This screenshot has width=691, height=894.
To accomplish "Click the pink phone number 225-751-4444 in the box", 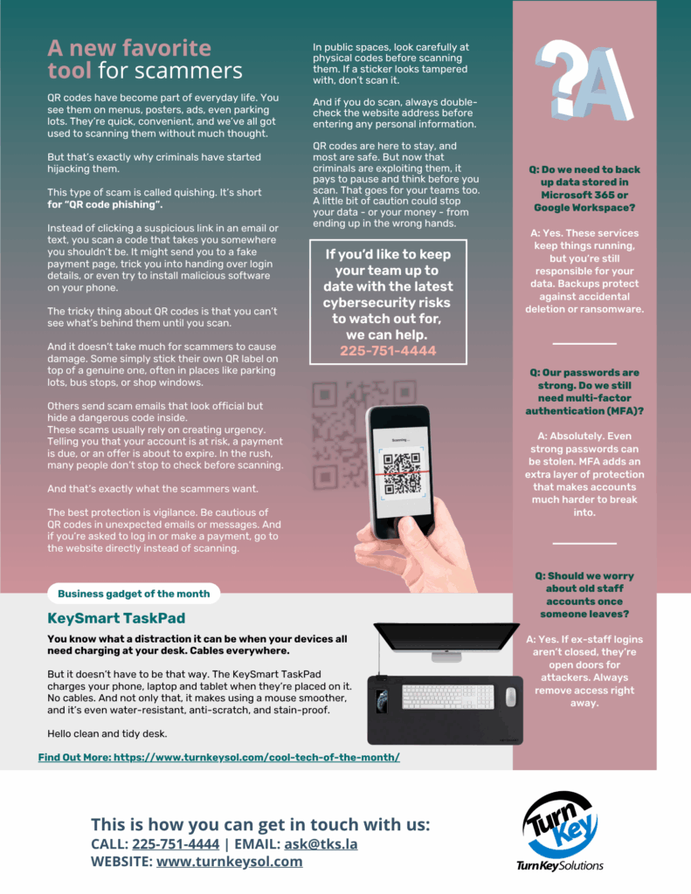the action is [388, 351].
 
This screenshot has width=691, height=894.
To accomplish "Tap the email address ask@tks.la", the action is [321, 844].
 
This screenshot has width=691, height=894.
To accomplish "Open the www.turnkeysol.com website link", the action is [230, 861].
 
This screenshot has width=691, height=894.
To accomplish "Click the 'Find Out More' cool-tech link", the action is [219, 757].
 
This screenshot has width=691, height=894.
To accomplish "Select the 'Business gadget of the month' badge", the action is [134, 594].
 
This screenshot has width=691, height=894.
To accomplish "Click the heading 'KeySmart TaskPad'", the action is [116, 618].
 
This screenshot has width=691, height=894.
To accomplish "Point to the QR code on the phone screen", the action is [402, 473].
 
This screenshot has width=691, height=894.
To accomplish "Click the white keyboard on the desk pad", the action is [448, 697].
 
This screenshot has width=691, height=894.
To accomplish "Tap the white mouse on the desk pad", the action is [511, 696].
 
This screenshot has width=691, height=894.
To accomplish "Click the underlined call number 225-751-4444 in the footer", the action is [176, 844].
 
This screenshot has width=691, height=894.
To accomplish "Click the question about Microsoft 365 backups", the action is [584, 189].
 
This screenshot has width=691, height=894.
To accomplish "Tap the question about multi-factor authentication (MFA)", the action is [584, 392].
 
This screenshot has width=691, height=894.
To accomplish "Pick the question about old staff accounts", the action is [584, 595].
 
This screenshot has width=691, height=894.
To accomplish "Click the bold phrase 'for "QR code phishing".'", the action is [105, 204].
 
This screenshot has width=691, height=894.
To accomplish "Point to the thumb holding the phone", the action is [399, 528].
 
